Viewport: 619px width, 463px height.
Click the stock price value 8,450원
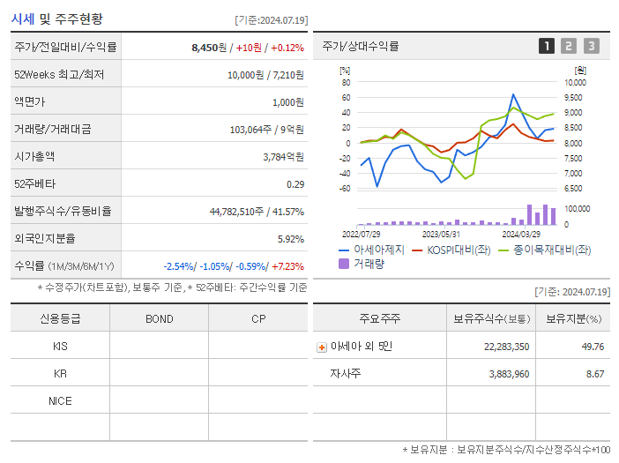coord(208,48)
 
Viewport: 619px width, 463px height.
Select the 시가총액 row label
coord(34,156)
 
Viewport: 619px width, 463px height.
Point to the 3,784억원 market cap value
coord(283,156)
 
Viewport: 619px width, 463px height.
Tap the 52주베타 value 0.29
coord(295,183)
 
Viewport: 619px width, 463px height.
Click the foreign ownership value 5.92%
coord(290,238)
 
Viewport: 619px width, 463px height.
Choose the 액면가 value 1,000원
coord(287,102)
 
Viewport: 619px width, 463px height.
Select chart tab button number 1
coord(547,46)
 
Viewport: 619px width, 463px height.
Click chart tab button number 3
coord(591,46)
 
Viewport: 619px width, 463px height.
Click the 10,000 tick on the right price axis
coord(574,83)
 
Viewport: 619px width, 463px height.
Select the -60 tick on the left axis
coord(345,189)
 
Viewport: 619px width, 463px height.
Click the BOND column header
coord(159,318)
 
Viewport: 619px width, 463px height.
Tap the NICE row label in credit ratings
coord(60,400)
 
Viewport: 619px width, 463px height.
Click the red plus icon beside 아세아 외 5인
coord(322,347)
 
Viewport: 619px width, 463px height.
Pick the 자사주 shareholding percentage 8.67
coord(593,374)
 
